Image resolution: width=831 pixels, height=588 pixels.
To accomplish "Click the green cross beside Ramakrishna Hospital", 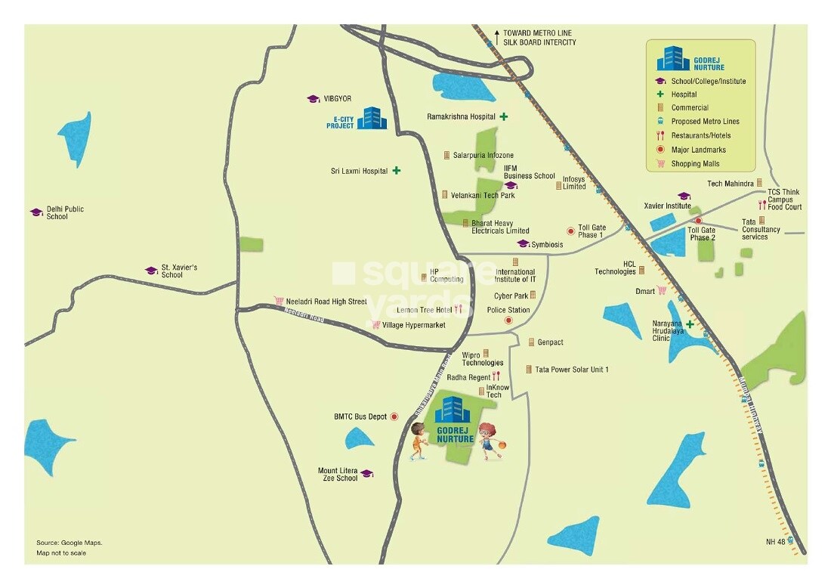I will [x=502, y=116].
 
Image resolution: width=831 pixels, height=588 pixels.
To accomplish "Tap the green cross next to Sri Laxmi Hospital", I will [x=396, y=171].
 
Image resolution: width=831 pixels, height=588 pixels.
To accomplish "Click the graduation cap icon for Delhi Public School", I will [x=36, y=212].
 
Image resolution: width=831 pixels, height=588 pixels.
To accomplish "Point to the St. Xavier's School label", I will [x=179, y=271].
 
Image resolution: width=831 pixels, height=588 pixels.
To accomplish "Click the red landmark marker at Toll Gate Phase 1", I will [x=570, y=231].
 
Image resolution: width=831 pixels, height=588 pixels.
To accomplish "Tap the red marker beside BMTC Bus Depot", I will [x=394, y=416].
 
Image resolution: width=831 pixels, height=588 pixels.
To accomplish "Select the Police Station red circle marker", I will [x=508, y=321].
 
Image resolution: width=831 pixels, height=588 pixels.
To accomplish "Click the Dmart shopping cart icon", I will [x=662, y=290].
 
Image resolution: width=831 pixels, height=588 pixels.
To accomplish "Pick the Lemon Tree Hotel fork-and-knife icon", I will [x=458, y=309].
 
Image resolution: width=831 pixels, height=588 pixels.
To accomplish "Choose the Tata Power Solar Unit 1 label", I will [x=571, y=370].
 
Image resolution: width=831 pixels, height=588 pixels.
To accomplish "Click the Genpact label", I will [x=550, y=342].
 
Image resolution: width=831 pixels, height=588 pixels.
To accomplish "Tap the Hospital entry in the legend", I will [x=684, y=94].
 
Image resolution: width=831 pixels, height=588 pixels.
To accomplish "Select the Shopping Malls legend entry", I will [x=695, y=163].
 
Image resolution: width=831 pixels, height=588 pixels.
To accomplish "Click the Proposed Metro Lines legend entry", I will [x=705, y=122].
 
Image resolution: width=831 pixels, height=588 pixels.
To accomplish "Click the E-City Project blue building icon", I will [x=371, y=117].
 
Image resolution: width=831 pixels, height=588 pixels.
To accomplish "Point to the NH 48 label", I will [x=776, y=541].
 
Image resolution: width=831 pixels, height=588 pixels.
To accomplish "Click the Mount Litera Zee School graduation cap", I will [x=366, y=474].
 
